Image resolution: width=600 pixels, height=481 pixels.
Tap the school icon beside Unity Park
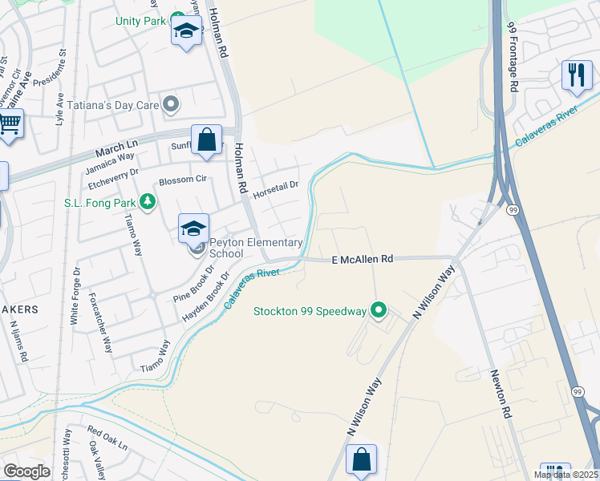(x=186, y=32)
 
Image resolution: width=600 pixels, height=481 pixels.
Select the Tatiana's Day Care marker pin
(x=170, y=104)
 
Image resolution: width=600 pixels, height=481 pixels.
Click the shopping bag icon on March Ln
(x=207, y=139)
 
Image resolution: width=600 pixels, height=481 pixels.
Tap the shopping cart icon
(x=9, y=125)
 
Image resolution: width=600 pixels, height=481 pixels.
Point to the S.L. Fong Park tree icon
(x=147, y=202)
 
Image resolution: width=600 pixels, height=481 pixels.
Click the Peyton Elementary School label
(x=255, y=248)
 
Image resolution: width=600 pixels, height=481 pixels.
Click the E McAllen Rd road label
(x=363, y=260)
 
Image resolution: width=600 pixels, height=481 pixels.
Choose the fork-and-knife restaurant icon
(x=576, y=75)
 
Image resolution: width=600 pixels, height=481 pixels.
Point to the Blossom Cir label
(x=183, y=180)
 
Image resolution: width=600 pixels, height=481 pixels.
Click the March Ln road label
(x=116, y=149)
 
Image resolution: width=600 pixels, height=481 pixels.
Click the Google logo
(x=26, y=471)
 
